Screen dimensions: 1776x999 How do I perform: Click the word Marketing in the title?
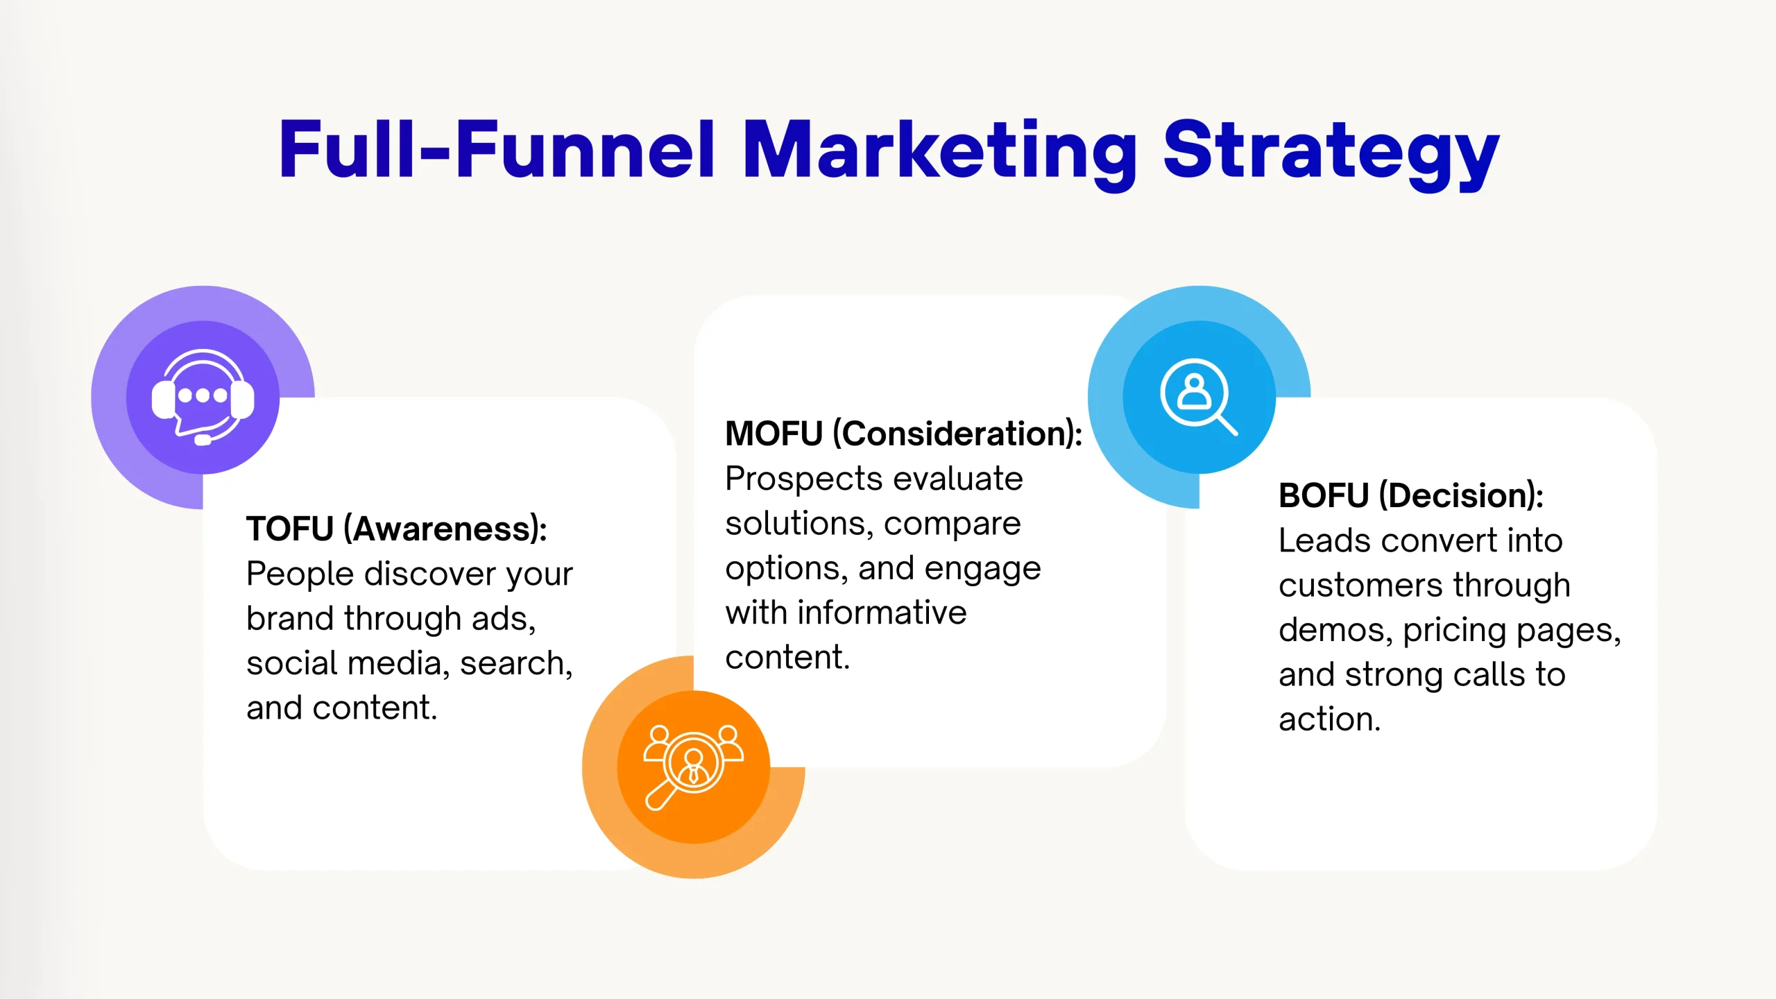[939, 153]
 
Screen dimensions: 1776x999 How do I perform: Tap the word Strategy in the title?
[1331, 153]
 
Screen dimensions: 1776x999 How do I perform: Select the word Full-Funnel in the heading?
[497, 149]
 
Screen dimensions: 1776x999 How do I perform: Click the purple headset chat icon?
[203, 397]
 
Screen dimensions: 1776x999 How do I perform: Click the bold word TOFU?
[290, 529]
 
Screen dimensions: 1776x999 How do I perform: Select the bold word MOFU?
[774, 434]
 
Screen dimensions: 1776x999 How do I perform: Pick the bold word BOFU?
[1324, 495]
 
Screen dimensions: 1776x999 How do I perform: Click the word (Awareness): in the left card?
[445, 530]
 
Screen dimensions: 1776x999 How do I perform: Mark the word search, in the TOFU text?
[516, 664]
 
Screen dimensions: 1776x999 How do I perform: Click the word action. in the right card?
[1329, 719]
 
